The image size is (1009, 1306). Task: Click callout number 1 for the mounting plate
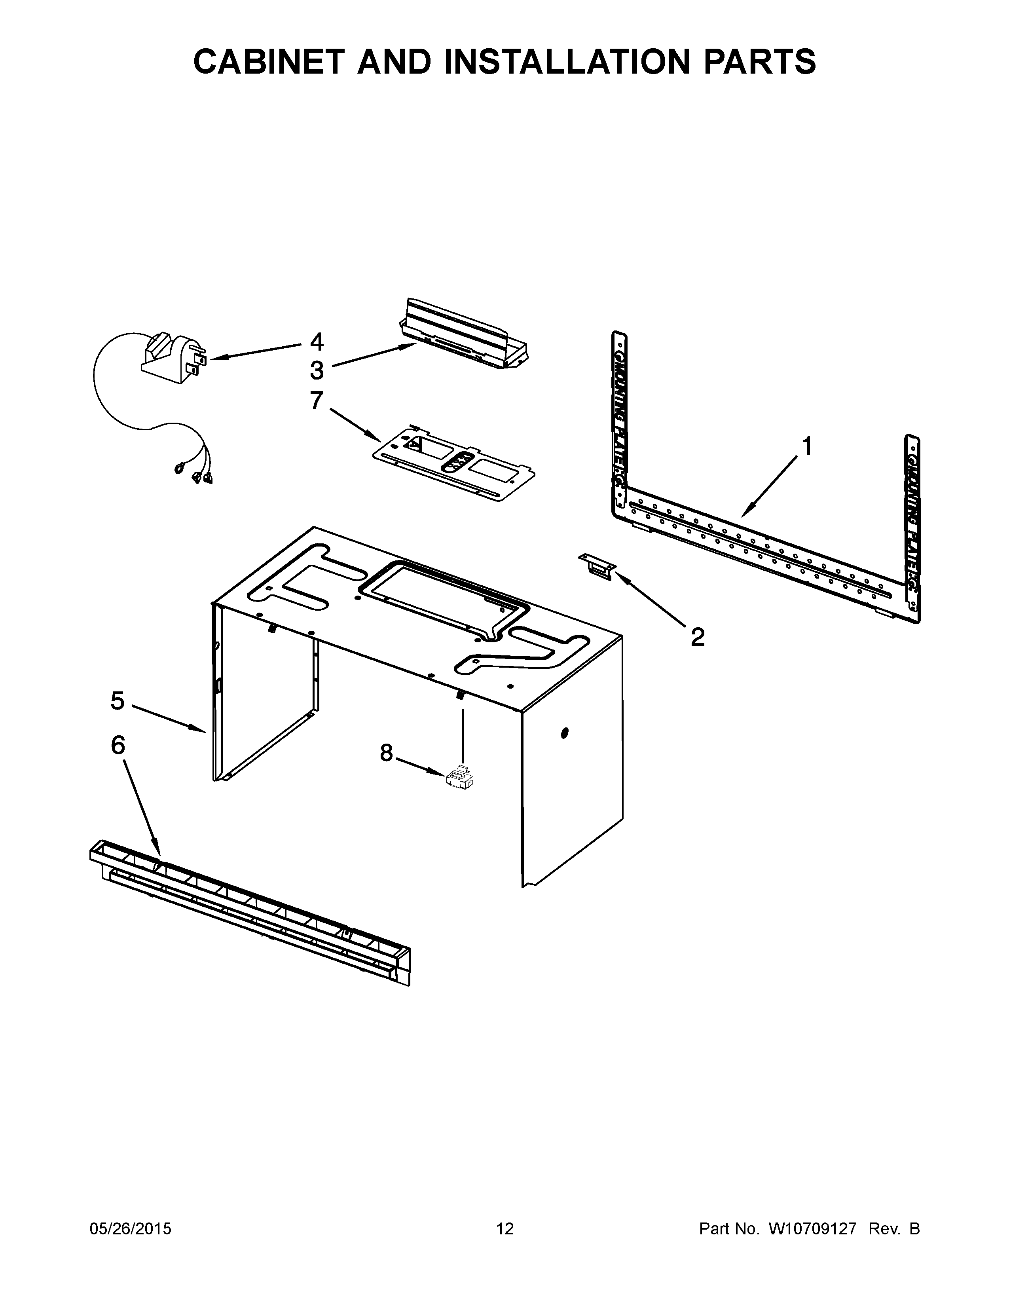807,447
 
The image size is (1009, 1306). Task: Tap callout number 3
317,371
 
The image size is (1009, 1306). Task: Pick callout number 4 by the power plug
317,342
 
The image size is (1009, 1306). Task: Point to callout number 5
118,701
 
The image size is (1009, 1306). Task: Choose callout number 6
118,746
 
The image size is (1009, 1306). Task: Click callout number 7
317,400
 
